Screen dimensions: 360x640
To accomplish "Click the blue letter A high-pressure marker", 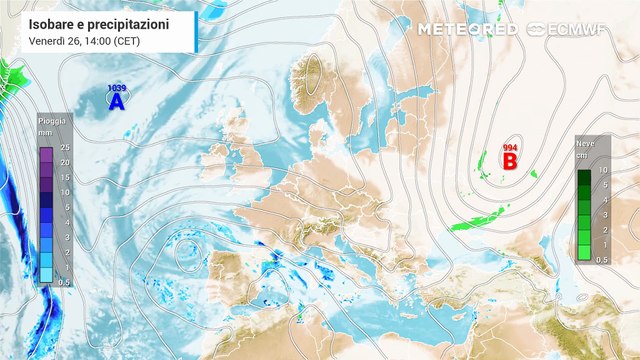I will coord(116,102).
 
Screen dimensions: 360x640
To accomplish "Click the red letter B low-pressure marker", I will coord(509,160).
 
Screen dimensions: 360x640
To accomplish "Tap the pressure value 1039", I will coord(116,89).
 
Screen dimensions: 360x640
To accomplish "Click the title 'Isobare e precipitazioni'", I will coord(99,22).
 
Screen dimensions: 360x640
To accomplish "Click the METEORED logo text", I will coord(467,29).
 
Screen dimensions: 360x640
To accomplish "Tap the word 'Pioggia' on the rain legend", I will coord(53,121).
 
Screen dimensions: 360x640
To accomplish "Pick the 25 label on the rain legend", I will coord(63,149).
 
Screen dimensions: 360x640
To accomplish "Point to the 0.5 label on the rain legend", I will coord(63,282).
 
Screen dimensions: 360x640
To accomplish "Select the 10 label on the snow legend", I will coord(602,171).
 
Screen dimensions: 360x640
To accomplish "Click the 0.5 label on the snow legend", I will coord(602,259).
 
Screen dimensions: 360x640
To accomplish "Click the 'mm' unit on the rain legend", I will coord(46,131).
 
